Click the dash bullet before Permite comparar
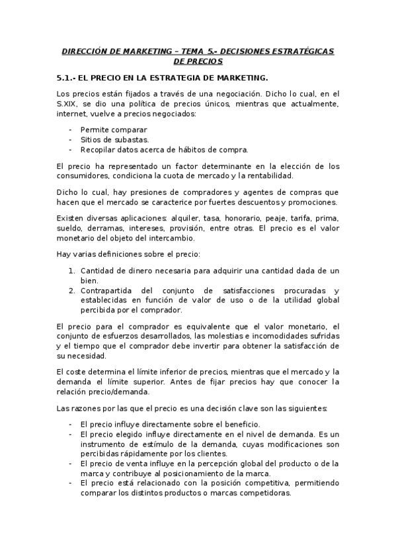click(69, 129)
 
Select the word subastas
click(130, 139)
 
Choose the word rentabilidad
click(265, 176)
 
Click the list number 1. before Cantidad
click(71, 271)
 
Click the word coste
click(78, 372)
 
